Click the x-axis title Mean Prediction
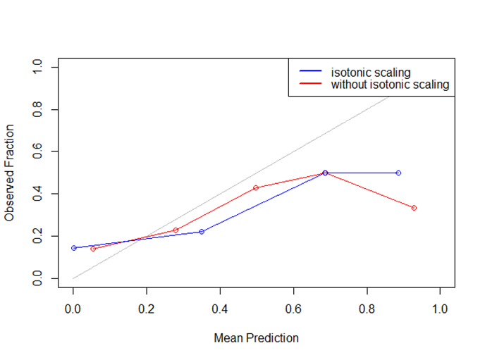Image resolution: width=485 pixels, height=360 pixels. [256, 338]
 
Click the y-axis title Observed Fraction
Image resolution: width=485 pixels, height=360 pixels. [9, 173]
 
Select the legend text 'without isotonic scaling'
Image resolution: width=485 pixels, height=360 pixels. [390, 85]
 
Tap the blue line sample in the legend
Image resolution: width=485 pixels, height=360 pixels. [310, 72]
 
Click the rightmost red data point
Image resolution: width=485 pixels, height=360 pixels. [414, 208]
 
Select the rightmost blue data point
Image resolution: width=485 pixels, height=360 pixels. [398, 173]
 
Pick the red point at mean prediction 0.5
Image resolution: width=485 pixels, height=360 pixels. [256, 188]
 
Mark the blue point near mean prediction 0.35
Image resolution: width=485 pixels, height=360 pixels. [202, 232]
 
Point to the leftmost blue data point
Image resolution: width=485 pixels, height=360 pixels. [73, 248]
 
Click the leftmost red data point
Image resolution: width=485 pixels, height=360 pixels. [93, 249]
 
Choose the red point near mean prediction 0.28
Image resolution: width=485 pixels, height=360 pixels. [176, 230]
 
